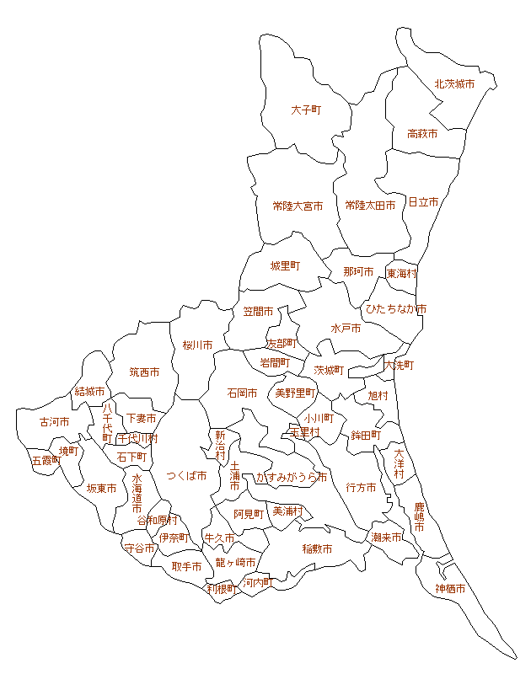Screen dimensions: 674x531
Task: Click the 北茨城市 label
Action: (454, 84)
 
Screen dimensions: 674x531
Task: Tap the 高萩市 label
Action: (422, 134)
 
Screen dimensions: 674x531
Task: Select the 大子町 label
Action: (306, 110)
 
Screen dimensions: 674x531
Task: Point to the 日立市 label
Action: (423, 202)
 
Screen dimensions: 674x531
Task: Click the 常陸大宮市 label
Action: (298, 206)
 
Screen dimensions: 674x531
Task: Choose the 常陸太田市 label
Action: (370, 206)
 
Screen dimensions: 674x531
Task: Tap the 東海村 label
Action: (402, 274)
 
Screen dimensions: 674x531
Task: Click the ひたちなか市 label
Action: (395, 309)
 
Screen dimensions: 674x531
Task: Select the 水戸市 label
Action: (346, 329)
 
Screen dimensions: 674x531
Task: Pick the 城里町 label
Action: (285, 266)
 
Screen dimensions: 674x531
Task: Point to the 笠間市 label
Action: (259, 312)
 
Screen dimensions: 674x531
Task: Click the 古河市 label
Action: (55, 422)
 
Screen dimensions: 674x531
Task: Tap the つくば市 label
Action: (186, 476)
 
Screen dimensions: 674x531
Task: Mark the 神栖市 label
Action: (450, 589)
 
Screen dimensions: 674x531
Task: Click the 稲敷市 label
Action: (317, 549)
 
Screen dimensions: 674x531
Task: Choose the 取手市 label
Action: (186, 567)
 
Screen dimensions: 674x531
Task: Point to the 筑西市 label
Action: (144, 372)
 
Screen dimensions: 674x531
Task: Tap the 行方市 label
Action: (361, 488)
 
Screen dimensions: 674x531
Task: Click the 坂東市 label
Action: (101, 489)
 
